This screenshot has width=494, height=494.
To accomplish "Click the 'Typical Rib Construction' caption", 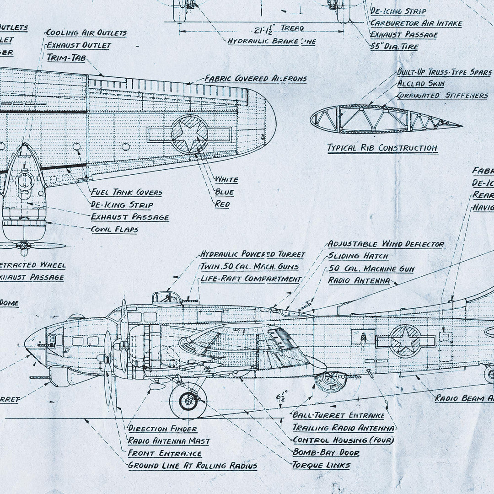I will [x=382, y=148].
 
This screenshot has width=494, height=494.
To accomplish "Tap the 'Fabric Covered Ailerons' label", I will [x=255, y=79].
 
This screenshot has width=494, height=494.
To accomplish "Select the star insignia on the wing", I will [x=189, y=134].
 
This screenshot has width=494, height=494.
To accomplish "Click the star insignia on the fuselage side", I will [x=405, y=341].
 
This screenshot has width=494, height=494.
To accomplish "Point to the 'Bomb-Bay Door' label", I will [x=326, y=453].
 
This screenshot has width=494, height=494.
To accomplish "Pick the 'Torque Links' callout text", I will [x=321, y=465].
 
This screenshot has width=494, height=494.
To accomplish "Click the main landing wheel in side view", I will [x=188, y=401].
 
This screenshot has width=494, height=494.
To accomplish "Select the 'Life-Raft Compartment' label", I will [x=251, y=279].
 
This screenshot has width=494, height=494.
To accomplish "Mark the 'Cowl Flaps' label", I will [x=114, y=230].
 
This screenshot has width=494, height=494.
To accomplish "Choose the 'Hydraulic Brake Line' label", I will [x=271, y=41].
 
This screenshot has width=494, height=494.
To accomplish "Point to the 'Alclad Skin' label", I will [x=420, y=84].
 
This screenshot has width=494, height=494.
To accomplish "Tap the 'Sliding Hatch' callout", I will [x=358, y=256].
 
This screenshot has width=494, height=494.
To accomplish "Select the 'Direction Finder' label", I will [x=162, y=429].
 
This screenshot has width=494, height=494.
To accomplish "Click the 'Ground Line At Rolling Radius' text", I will [x=192, y=466].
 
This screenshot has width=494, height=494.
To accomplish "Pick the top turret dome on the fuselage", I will [x=166, y=297].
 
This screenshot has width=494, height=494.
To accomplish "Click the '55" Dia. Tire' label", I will [x=394, y=46].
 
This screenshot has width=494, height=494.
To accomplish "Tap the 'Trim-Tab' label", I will [x=66, y=58].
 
